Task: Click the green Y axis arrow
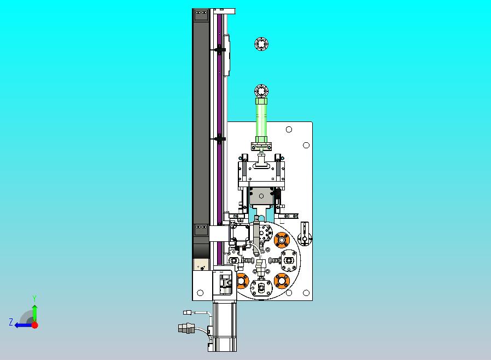point(35,312)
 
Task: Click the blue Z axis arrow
point(23,326)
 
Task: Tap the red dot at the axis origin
point(35,325)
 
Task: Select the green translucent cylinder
point(261,120)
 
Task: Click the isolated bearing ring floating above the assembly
point(261,44)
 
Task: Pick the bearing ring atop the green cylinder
point(261,91)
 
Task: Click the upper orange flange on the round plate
point(282,240)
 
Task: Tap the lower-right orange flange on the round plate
point(282,281)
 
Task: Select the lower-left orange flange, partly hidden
point(242,281)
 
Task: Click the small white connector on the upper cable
point(187,312)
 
